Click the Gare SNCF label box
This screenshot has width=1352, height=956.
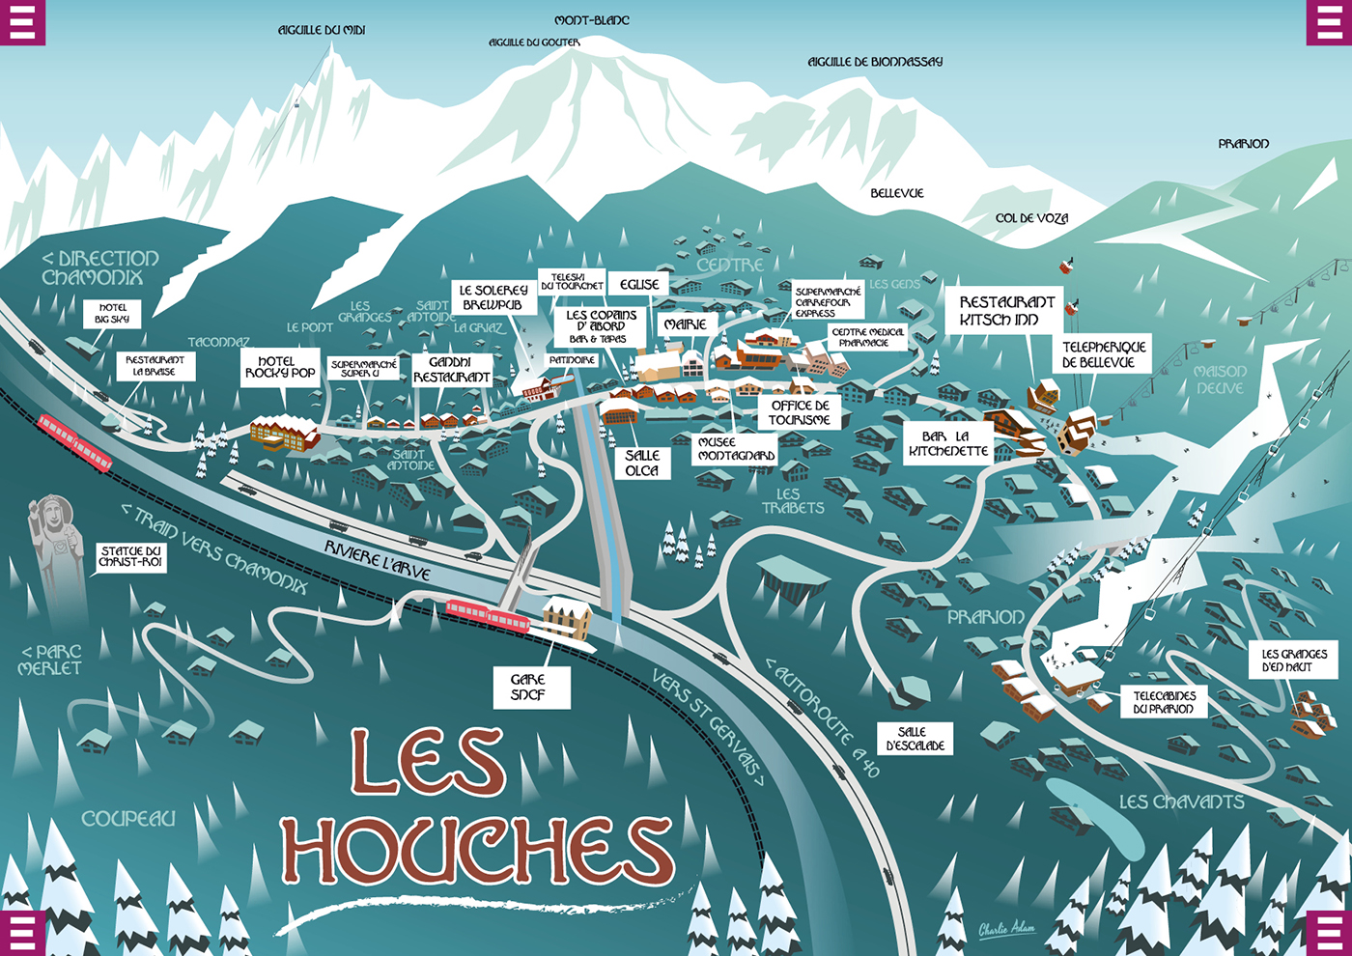coord(528,687)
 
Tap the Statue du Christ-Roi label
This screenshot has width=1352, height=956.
coord(130,556)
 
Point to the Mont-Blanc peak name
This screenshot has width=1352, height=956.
coord(592,20)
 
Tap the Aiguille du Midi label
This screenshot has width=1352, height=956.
coord(322,31)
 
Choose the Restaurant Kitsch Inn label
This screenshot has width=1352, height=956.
coord(1007,310)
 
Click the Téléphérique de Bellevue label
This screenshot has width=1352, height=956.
coord(1104,354)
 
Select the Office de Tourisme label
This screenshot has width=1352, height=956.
coord(800,412)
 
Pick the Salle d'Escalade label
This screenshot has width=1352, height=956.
coord(914,739)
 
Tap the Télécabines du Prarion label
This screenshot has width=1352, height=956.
coord(1164,702)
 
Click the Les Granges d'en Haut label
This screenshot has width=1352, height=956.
coord(1294,661)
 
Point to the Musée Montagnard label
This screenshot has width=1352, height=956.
coord(736,449)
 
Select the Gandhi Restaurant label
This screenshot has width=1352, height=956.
coord(452,370)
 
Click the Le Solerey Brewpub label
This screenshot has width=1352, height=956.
coord(493,297)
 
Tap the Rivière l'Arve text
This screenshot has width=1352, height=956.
coord(377,560)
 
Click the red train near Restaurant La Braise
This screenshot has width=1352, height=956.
coord(75,442)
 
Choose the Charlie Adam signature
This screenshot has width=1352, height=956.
coord(1006,929)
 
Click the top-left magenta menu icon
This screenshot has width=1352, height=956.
coord(22,22)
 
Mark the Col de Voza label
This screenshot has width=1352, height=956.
coord(1031,218)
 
